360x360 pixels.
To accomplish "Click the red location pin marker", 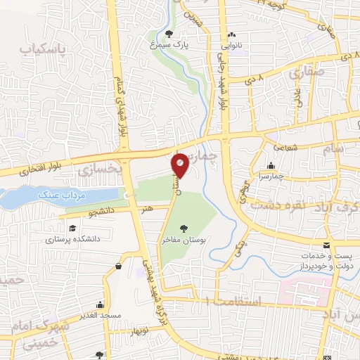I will (x=181, y=165).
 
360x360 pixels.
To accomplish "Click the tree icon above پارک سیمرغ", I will (x=168, y=33).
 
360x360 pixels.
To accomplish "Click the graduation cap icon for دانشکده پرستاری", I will (x=72, y=228).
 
